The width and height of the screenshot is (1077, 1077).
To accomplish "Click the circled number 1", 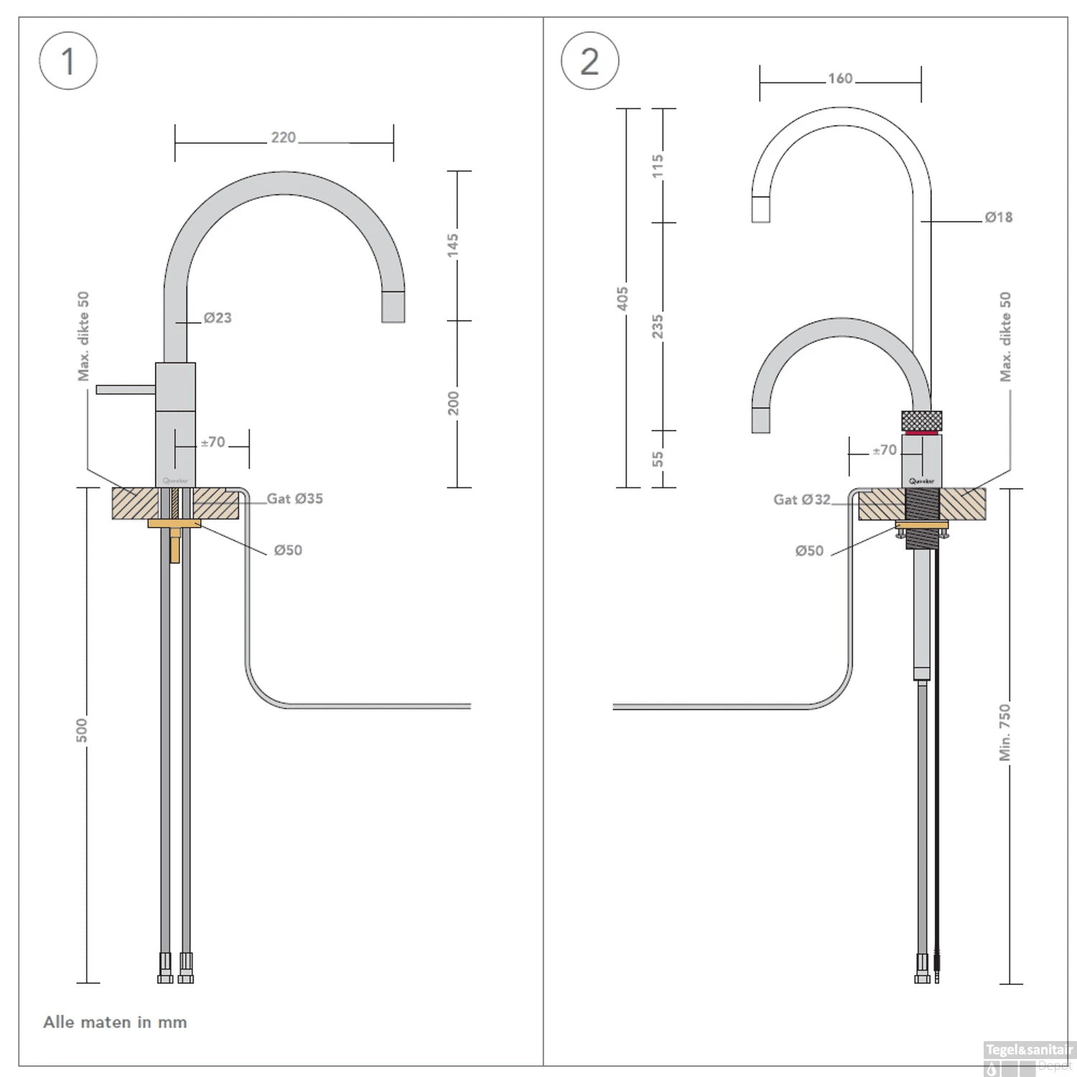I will click(x=68, y=61).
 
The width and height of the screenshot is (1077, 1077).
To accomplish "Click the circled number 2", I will click(x=589, y=61).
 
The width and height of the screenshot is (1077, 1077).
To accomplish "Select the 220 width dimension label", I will click(x=283, y=137).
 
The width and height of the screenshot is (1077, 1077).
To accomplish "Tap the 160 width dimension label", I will click(x=840, y=78).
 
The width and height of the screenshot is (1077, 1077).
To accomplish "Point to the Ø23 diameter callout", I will click(x=217, y=317).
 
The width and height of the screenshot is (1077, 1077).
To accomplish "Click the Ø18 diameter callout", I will click(x=998, y=217).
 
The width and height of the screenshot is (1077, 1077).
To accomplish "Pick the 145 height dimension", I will click(x=453, y=244).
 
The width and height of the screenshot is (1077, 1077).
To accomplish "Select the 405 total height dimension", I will click(x=623, y=298).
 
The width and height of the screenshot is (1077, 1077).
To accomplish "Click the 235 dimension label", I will click(x=658, y=326).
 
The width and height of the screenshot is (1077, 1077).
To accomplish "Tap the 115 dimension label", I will click(x=658, y=166).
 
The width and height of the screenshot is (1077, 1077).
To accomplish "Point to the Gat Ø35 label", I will click(x=294, y=498).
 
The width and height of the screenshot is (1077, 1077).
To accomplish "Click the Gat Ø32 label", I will click(x=801, y=500).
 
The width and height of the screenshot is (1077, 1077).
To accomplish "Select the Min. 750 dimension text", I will click(x=1005, y=732).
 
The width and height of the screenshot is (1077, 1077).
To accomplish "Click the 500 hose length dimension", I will click(x=82, y=729).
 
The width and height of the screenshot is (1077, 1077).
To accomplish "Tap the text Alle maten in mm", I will click(x=115, y=1022).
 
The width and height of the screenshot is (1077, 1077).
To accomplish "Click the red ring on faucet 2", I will click(x=921, y=432).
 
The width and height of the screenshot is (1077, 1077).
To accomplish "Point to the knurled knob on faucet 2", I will click(x=921, y=420).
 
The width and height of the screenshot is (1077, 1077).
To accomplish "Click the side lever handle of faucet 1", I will click(x=125, y=389).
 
